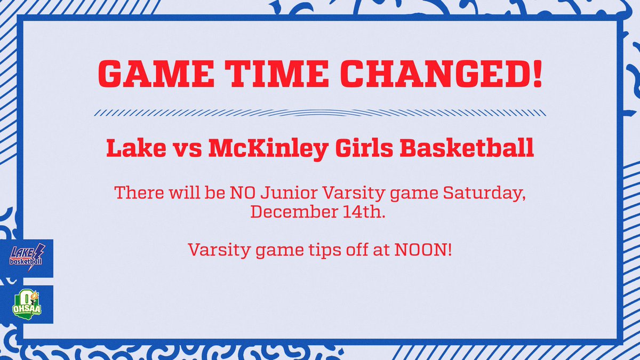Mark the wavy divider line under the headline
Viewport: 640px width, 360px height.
coord(320,113)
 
